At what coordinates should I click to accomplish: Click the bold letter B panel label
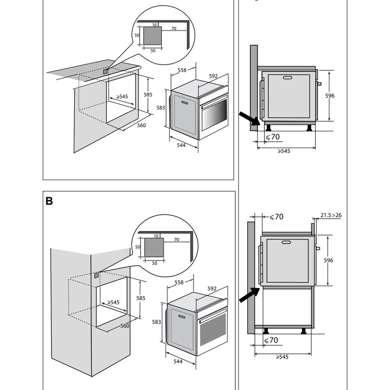click(49, 201)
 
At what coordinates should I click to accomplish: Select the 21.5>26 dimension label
click(331, 215)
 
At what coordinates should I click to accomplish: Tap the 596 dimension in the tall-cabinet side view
click(328, 260)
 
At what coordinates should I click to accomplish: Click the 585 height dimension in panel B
click(141, 298)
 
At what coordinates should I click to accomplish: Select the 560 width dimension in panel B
click(125, 326)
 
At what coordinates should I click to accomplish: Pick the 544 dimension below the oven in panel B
click(178, 362)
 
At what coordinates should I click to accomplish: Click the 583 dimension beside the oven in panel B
click(156, 322)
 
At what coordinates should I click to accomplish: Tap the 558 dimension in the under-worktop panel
click(182, 70)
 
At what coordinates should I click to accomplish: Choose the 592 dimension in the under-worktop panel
click(213, 76)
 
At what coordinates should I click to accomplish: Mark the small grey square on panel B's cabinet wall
click(96, 275)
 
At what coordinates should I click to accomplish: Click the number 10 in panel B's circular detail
click(156, 236)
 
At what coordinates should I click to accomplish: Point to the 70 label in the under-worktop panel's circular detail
click(174, 28)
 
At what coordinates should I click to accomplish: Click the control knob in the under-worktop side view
click(319, 83)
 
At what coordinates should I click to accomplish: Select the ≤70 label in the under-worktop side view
click(273, 137)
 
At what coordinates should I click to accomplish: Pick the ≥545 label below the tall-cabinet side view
click(282, 357)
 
